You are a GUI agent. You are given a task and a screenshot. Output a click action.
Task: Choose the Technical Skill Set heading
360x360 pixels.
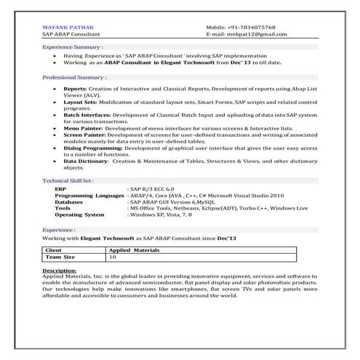coord(68,179)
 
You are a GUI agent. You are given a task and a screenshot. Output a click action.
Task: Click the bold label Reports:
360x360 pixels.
coord(75,88)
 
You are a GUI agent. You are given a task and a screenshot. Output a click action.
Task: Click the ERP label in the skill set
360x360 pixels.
coord(60,188)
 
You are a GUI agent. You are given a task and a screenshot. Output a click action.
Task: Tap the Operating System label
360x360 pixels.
coord(80,215)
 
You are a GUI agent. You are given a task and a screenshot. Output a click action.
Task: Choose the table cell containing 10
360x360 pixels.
coord(113,257)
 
